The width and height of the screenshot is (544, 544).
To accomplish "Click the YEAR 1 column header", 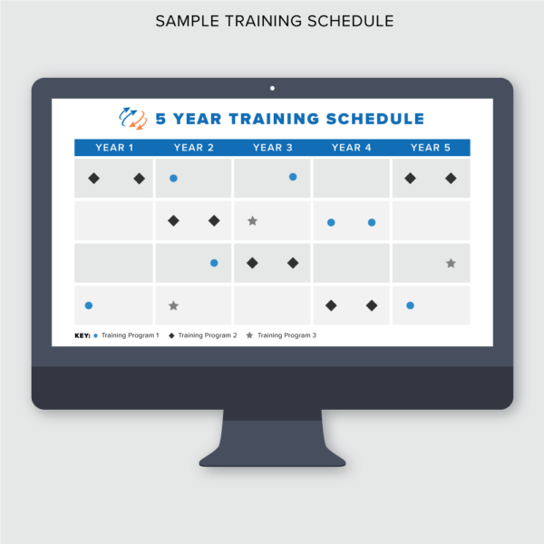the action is pyautogui.click(x=114, y=148).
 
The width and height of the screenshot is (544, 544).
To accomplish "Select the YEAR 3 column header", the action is pyautogui.click(x=273, y=148).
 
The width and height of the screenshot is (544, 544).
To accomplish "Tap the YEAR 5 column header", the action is pyautogui.click(x=431, y=148).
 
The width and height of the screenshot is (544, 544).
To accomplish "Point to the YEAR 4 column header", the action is pyautogui.click(x=352, y=148).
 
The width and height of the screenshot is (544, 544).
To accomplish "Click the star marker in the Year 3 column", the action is pyautogui.click(x=253, y=220).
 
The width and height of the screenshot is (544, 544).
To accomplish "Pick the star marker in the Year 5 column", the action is pyautogui.click(x=451, y=263).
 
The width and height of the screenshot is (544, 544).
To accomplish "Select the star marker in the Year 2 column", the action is pyautogui.click(x=173, y=306).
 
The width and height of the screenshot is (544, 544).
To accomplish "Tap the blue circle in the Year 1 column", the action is pyautogui.click(x=89, y=306).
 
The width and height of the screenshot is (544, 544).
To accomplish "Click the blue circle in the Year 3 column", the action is pyautogui.click(x=293, y=177).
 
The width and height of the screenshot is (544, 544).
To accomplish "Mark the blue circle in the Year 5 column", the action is pyautogui.click(x=410, y=306).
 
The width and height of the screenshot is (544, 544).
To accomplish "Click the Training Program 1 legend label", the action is pyautogui.click(x=130, y=335).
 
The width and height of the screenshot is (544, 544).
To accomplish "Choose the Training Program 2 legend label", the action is pyautogui.click(x=208, y=335).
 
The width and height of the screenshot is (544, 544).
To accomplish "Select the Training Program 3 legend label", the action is pyautogui.click(x=287, y=335).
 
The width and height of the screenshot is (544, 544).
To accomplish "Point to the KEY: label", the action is pyautogui.click(x=83, y=335).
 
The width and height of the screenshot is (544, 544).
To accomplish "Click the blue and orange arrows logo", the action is pyautogui.click(x=133, y=119).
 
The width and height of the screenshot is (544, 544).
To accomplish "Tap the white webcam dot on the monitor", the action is pyautogui.click(x=272, y=88).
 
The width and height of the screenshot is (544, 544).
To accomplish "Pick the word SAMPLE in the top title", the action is pyautogui.click(x=187, y=21).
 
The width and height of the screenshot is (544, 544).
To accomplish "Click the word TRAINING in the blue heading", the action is pyautogui.click(x=274, y=119).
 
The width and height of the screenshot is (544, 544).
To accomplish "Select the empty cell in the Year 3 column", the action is pyautogui.click(x=272, y=306).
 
